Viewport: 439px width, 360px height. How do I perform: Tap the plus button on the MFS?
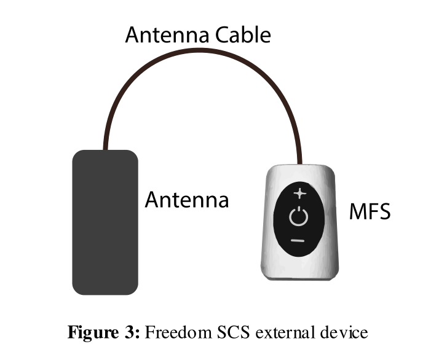coord(299,194)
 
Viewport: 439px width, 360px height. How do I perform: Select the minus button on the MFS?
coord(298,240)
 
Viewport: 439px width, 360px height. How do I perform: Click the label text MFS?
coord(370,213)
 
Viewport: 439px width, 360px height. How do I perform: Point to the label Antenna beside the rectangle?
coord(186,200)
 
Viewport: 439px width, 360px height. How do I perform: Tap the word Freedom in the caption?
coord(180,332)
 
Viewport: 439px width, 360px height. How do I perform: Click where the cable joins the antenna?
coord(106,149)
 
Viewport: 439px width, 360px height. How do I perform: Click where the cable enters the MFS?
coord(299,164)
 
